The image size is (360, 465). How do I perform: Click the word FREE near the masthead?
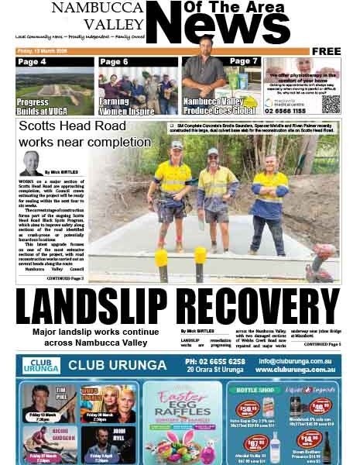click(327, 51)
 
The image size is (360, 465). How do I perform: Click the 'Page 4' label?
click(32, 62)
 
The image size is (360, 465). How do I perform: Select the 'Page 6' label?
click(115, 62)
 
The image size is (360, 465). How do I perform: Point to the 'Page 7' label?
click(243, 61)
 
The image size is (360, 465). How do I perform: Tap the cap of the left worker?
click(177, 144)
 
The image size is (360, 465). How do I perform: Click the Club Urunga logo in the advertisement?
click(41, 365)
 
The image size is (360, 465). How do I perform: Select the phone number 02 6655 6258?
click(213, 360)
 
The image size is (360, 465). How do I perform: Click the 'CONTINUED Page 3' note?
click(70, 277)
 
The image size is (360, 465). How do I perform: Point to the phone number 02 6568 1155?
click(289, 110)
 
